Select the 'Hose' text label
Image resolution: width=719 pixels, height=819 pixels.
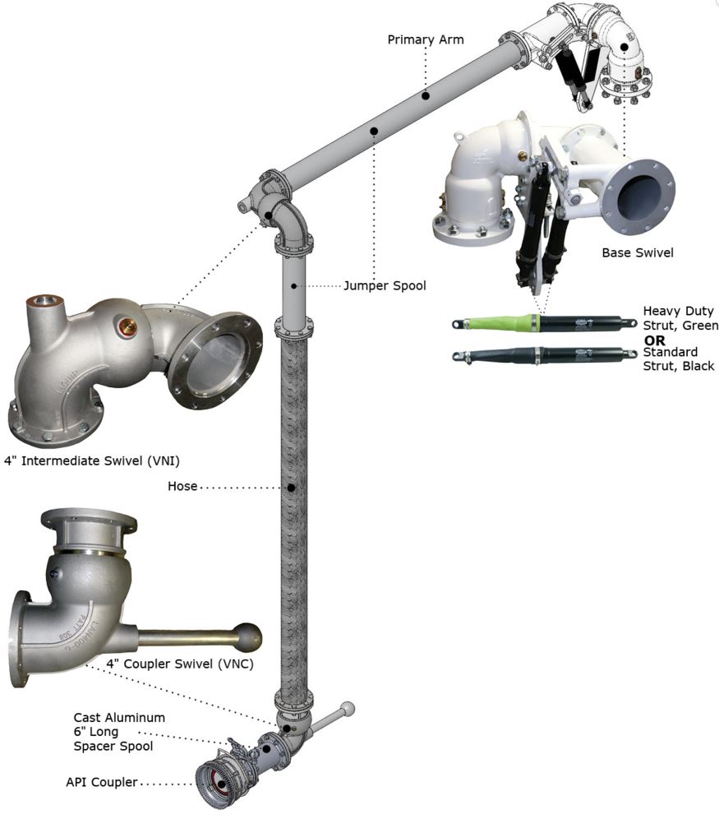[x=182, y=486]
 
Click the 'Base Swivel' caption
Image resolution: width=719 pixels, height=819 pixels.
[x=637, y=252]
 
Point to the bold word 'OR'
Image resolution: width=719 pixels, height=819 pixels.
[x=655, y=339]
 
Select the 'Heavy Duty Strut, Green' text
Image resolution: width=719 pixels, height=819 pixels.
[x=680, y=319]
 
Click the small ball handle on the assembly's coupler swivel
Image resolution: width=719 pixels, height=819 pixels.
[x=348, y=707]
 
